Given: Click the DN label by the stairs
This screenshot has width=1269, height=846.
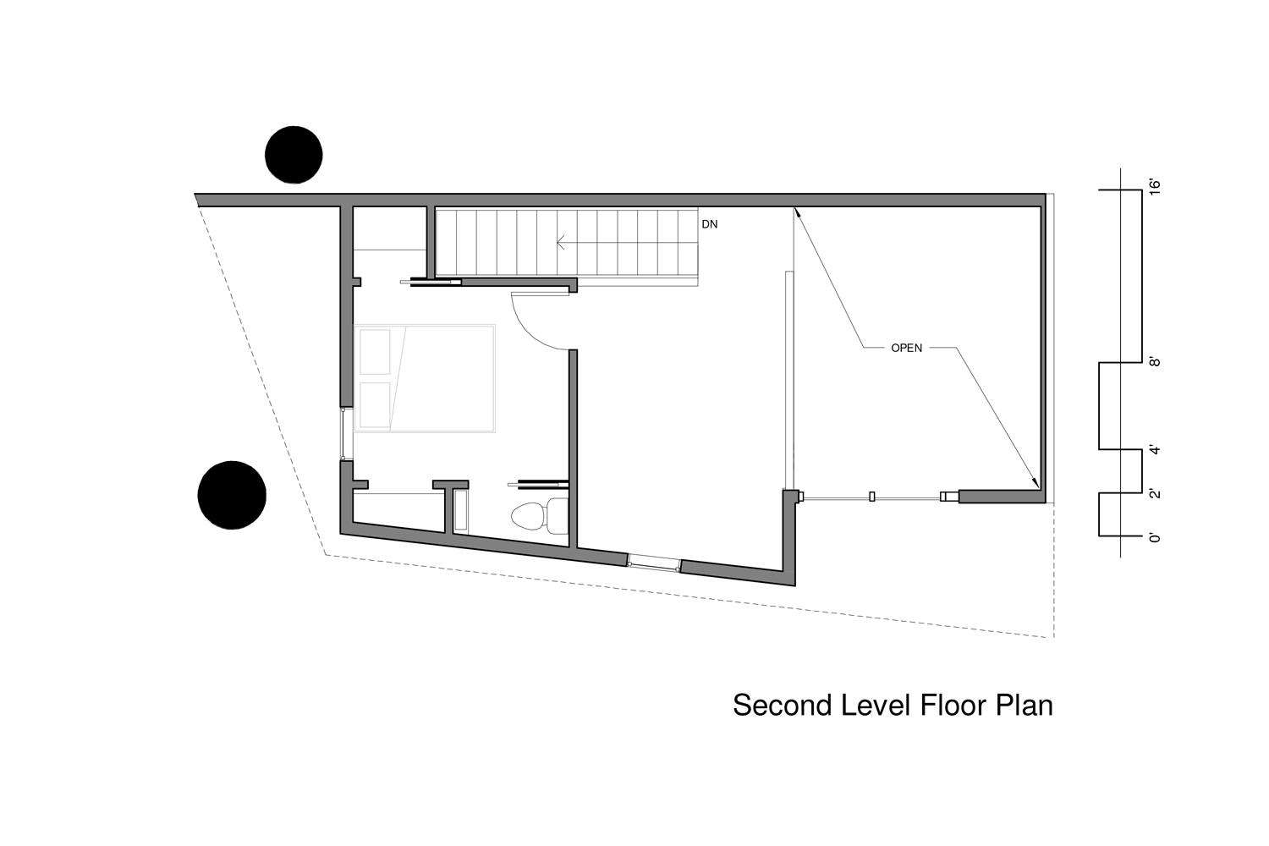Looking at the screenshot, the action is (709, 224).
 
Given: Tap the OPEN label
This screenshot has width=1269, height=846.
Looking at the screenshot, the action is (906, 348).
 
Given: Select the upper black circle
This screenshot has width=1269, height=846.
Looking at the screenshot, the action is (294, 155).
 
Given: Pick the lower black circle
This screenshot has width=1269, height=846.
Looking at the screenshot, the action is (232, 495).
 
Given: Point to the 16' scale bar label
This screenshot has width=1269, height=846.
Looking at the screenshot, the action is (1155, 187).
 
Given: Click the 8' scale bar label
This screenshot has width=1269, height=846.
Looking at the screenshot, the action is (1155, 361).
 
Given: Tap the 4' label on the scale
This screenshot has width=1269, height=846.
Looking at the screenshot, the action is (1155, 450).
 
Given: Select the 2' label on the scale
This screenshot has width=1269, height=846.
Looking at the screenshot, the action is (1155, 493).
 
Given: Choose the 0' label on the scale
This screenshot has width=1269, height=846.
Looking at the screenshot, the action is (1155, 537).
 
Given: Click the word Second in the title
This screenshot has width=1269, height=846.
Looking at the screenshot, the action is (783, 706).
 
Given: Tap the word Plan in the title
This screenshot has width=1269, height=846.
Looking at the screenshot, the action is (1025, 706).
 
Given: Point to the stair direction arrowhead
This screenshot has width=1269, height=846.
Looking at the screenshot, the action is (560, 243).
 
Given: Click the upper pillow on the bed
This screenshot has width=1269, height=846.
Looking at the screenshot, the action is (375, 352).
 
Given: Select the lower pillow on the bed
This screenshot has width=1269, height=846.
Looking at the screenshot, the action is (375, 405).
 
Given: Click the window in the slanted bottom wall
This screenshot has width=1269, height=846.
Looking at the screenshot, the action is (654, 563).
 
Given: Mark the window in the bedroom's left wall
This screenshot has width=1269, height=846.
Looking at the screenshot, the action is (343, 433).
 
